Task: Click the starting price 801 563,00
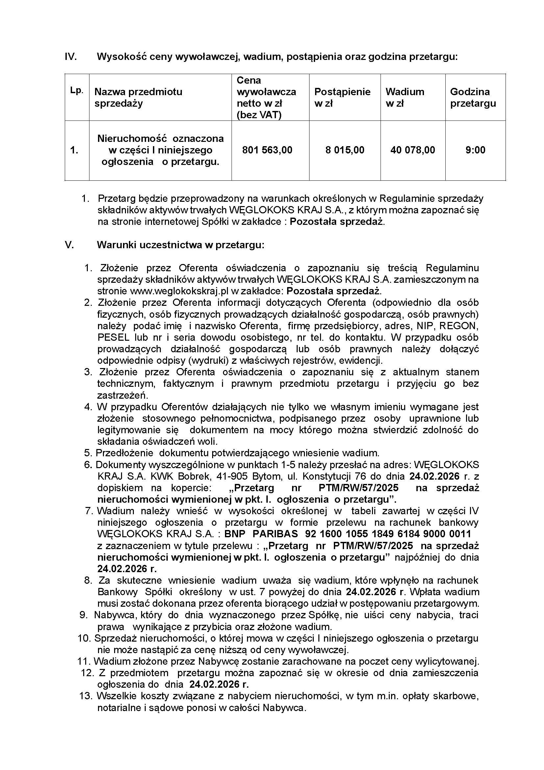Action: [267, 150]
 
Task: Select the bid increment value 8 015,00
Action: [345, 150]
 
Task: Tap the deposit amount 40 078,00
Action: [412, 150]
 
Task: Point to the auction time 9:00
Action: [475, 150]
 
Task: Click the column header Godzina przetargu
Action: [473, 97]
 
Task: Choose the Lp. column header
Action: [77, 91]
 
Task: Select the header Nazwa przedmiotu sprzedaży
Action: [138, 97]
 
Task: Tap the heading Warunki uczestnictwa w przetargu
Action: [181, 245]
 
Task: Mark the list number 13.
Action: [86, 696]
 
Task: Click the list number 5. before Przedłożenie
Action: [88, 453]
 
